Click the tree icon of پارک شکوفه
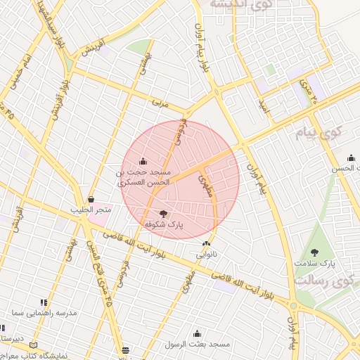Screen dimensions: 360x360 [164, 213]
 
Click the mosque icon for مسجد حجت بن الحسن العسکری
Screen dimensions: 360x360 [143, 162]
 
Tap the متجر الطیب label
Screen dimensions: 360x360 [91, 210]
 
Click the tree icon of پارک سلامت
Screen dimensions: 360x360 [314, 252]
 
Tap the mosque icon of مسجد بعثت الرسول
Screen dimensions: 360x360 [197, 334]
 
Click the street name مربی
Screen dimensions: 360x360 [161, 103]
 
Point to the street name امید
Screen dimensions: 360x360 [264, 108]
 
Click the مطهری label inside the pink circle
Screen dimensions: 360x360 [205, 184]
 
